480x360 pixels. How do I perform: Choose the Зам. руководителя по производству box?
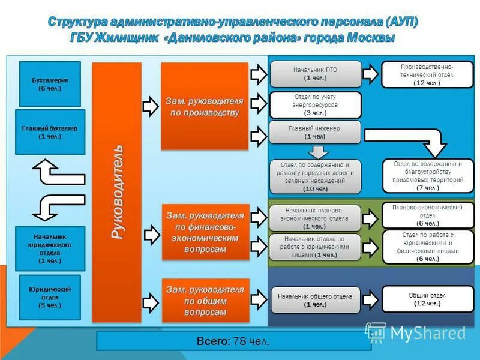(205, 106)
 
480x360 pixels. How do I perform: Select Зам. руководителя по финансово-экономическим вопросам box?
(205, 232)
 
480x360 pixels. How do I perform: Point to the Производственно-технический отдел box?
(427, 74)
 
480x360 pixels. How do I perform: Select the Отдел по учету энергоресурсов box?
(316, 104)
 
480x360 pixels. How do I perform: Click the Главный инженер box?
(316, 132)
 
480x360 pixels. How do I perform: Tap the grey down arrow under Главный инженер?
(316, 151)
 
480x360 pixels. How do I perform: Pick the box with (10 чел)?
(316, 176)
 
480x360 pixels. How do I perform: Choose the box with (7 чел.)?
(428, 176)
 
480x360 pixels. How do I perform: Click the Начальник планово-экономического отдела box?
(316, 218)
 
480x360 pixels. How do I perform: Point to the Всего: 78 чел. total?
(233, 341)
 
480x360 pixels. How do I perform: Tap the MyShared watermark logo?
(415, 332)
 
